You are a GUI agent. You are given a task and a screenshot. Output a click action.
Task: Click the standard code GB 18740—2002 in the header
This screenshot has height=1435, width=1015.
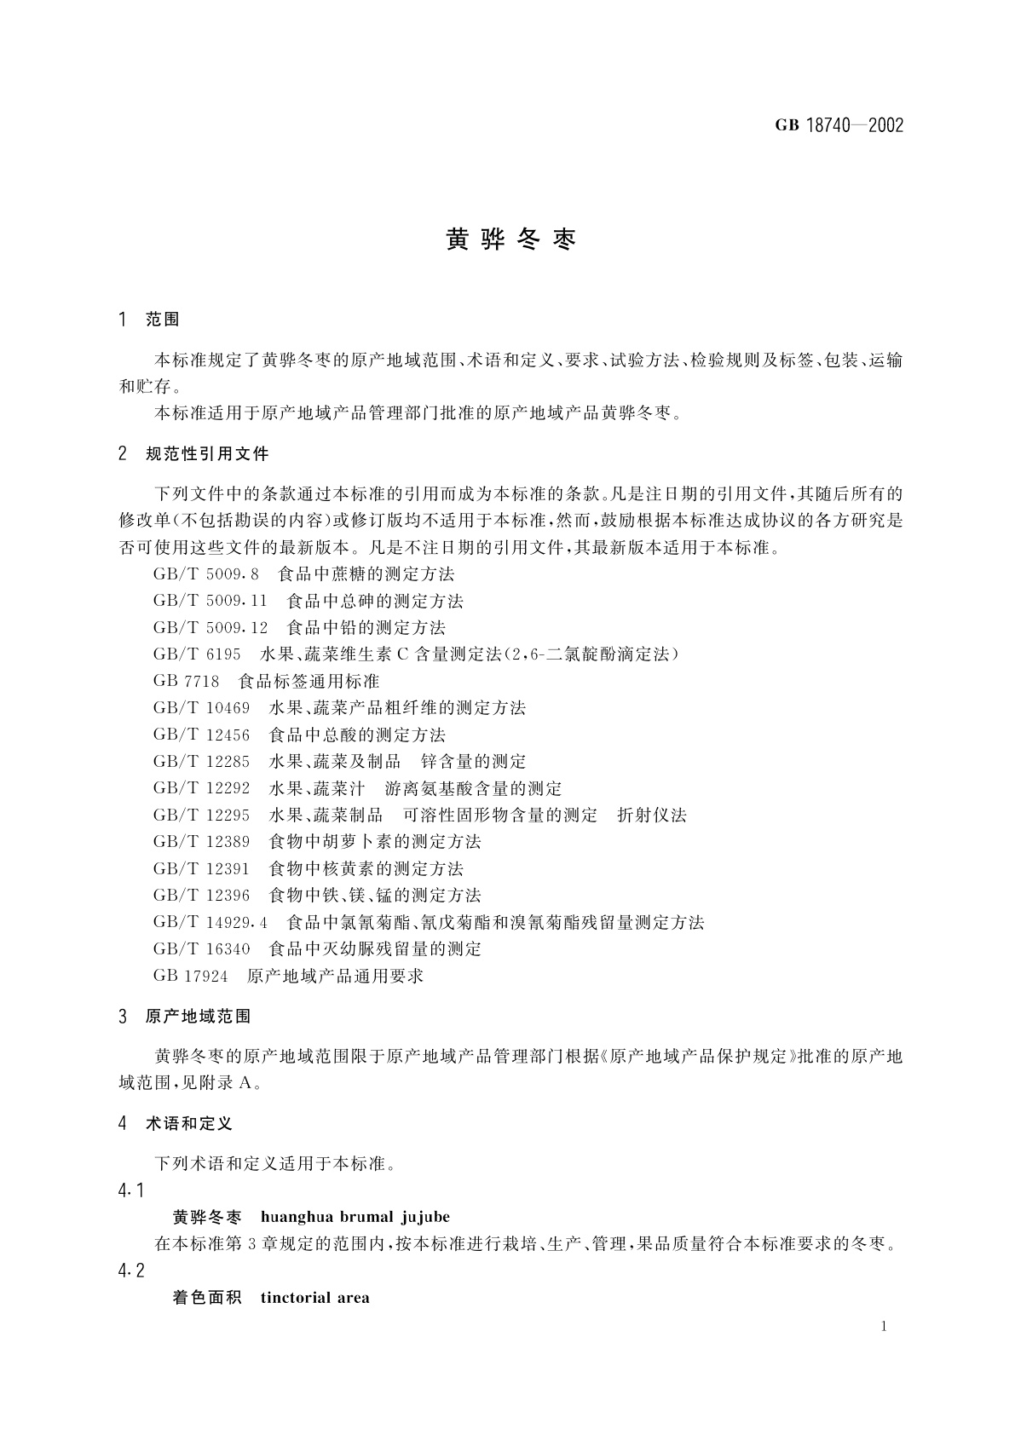click(x=839, y=126)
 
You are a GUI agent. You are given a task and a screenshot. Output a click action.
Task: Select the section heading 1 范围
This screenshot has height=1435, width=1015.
click(x=150, y=320)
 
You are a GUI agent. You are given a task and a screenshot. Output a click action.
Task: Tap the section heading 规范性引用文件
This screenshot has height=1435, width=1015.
click(x=207, y=453)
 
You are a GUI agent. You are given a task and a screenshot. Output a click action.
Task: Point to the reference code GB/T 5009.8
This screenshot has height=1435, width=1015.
click(x=205, y=575)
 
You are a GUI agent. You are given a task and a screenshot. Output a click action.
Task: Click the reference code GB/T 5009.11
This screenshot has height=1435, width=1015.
click(x=210, y=602)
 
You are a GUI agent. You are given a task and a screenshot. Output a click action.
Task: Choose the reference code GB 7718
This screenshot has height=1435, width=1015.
click(x=187, y=682)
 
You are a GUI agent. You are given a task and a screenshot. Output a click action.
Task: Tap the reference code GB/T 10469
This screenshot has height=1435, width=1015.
click(x=202, y=708)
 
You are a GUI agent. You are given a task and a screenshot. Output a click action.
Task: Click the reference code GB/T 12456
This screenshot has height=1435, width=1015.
click(x=202, y=735)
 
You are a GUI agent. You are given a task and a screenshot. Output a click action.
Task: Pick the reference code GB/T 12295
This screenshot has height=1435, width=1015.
click(x=202, y=815)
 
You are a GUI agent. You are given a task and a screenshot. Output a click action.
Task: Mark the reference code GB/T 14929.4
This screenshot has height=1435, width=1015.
click(x=210, y=922)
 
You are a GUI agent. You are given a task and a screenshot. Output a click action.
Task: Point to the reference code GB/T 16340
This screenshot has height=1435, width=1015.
click(x=202, y=949)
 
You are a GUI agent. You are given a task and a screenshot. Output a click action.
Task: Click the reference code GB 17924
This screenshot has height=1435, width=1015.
click(x=191, y=977)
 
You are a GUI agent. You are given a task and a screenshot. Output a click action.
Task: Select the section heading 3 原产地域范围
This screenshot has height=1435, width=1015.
click(x=186, y=1017)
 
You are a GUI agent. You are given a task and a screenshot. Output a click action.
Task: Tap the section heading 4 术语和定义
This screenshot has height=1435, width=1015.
click(x=176, y=1124)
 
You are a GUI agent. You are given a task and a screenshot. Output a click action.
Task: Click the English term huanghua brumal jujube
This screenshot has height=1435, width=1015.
click(x=355, y=1217)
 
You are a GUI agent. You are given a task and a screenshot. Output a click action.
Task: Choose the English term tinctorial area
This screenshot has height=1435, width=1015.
click(x=315, y=1298)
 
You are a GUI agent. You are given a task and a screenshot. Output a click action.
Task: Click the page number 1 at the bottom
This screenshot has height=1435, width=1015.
click(x=884, y=1326)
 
